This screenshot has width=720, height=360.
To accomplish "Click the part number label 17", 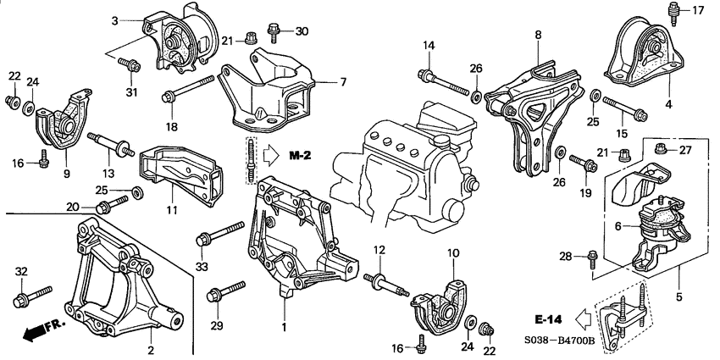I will tap(699, 10).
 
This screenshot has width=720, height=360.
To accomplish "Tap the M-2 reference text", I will tap(302, 156).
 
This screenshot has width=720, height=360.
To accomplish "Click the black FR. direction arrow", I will tap(34, 332).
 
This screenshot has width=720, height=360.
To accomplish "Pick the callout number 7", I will tap(343, 82).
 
